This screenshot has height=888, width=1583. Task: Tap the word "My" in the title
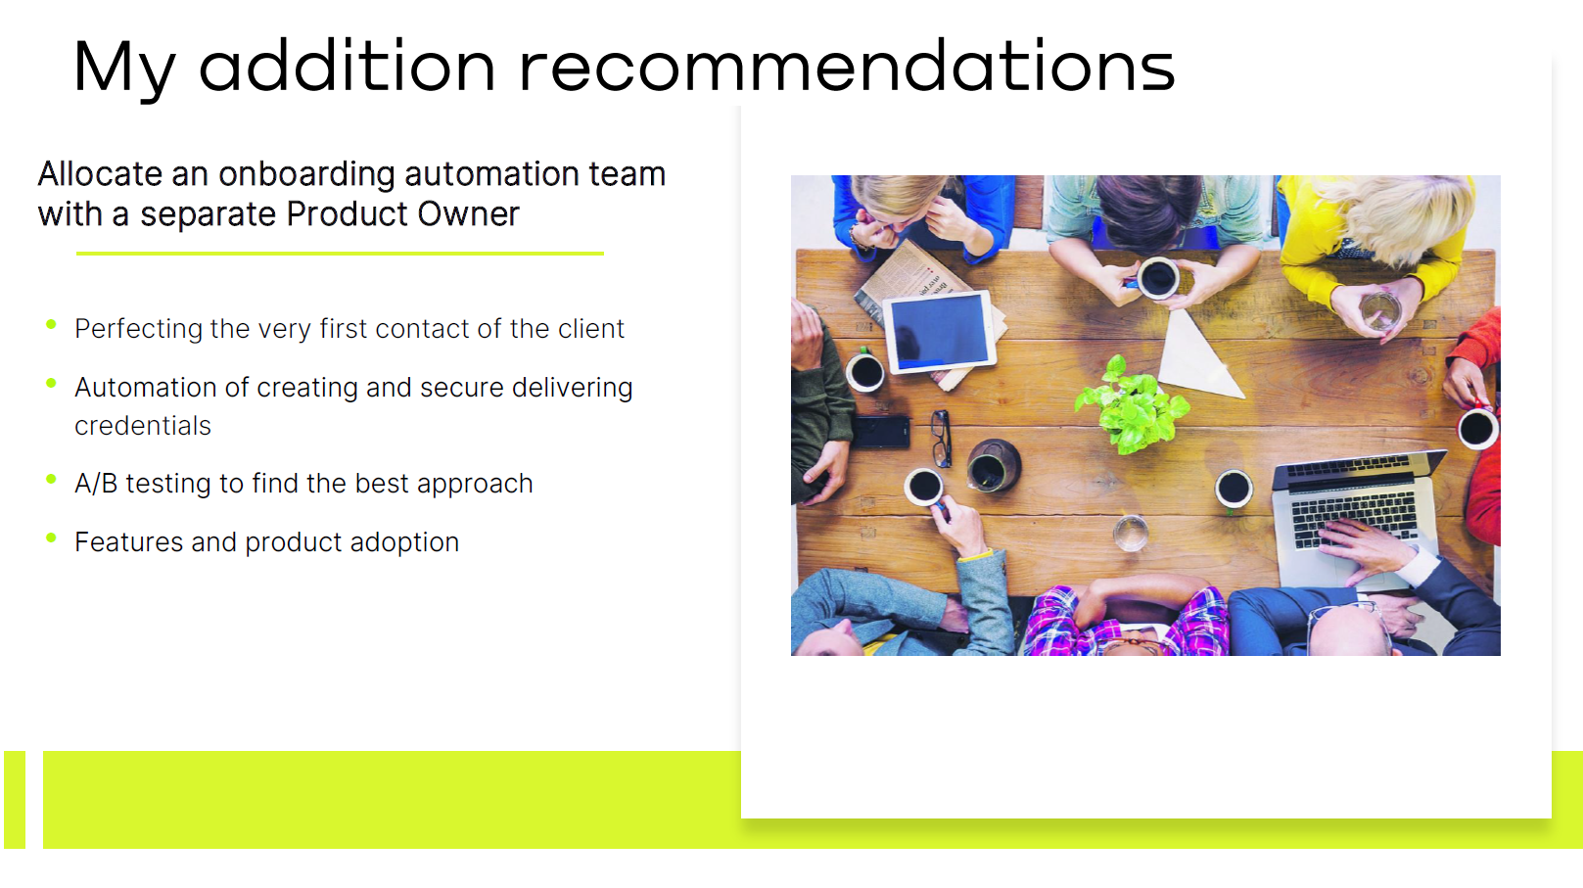coord(124,70)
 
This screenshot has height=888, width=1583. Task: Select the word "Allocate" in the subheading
coord(101,174)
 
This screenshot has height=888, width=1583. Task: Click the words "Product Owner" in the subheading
coord(402,214)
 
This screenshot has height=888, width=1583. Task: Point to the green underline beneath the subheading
coord(340,254)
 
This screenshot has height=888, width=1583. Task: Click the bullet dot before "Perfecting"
coord(51,324)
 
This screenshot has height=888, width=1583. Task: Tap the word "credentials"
coord(143,426)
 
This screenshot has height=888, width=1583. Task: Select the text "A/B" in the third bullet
coord(96,484)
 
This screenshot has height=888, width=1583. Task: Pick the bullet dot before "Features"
coord(51,538)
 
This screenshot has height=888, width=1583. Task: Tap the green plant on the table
coord(1131,405)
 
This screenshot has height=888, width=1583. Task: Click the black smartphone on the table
coord(880,432)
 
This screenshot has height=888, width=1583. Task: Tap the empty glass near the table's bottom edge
coord(1131,534)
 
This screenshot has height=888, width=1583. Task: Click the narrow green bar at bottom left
coord(15,800)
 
